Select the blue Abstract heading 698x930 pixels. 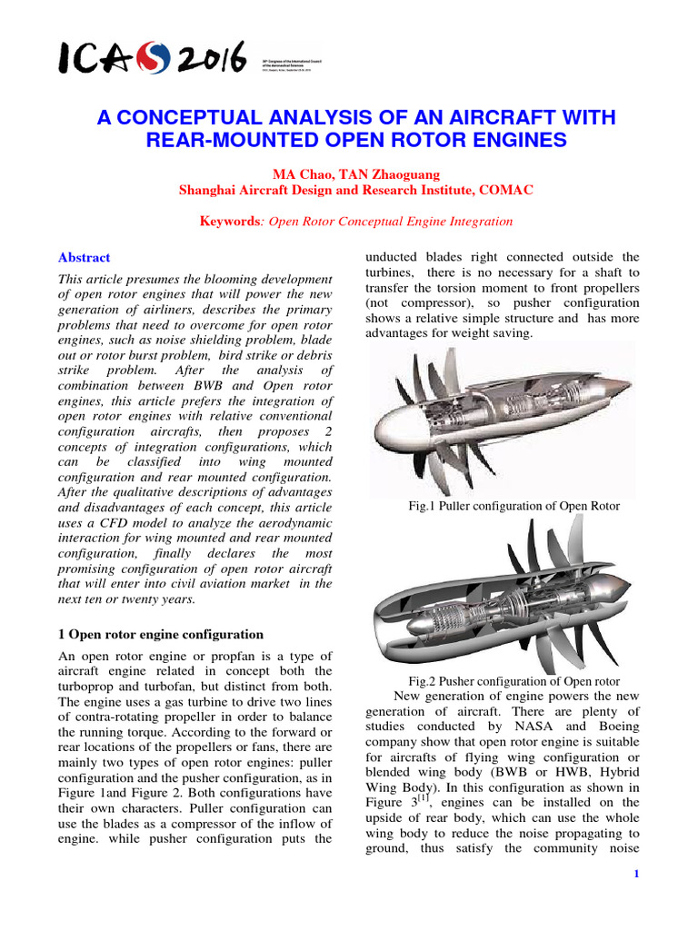(84, 258)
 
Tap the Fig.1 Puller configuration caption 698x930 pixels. (515, 506)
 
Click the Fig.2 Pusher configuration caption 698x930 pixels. (514, 680)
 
